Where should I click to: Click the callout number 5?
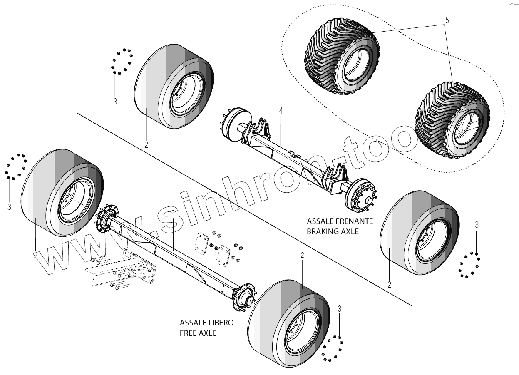click(447, 20)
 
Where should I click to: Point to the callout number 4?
click(281, 111)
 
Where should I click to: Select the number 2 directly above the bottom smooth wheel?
click(303, 255)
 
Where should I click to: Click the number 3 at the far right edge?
click(477, 225)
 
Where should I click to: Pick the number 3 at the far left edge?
click(9, 206)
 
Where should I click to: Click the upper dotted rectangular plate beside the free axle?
click(204, 242)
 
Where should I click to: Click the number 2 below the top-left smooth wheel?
click(146, 145)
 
